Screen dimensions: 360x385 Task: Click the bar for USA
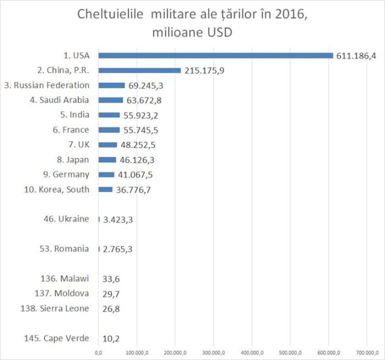tap(216, 56)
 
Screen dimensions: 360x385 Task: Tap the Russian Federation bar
tap(112, 85)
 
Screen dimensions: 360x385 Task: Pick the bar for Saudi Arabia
tap(111, 100)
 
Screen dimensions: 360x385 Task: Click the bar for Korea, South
tap(106, 189)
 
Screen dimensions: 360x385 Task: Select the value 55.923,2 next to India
tap(142, 116)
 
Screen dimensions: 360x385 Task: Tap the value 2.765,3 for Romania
tap(117, 249)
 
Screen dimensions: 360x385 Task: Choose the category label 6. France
tap(70, 130)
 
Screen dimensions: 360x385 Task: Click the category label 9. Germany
tap(65, 174)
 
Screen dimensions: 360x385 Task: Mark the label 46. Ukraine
tap(66, 219)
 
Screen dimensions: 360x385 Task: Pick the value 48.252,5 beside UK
tap(140, 145)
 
